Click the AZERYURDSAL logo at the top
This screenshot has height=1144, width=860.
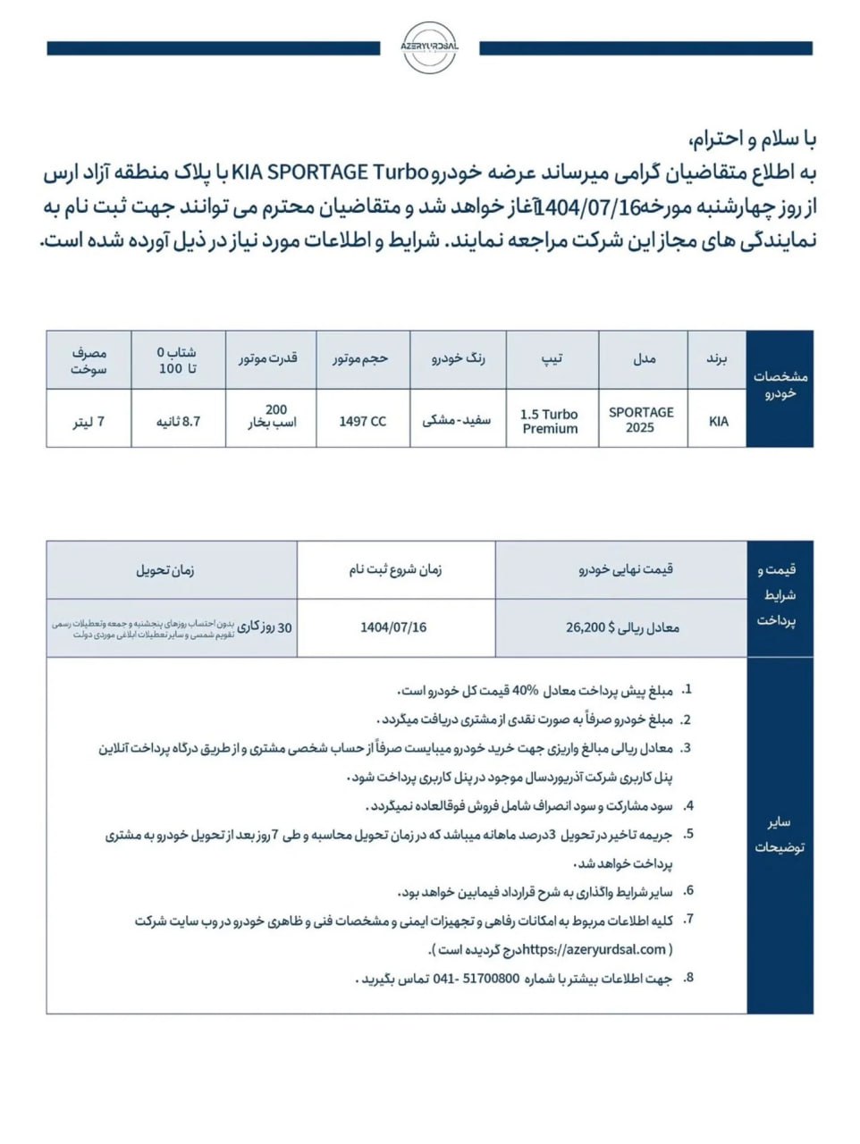point(430,46)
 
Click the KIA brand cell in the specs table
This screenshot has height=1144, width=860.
point(718,421)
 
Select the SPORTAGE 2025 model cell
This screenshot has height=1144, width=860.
point(641,419)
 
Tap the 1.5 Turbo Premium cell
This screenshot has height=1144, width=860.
point(550,421)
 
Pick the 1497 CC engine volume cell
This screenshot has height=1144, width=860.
point(362,421)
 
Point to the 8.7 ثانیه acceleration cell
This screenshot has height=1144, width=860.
point(178,421)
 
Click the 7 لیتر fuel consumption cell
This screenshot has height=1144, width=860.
point(89,421)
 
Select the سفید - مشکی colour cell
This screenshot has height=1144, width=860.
point(457,419)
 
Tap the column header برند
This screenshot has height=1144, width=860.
point(717,359)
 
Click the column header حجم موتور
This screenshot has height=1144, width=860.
point(361,359)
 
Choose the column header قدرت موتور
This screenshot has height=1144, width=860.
point(268,359)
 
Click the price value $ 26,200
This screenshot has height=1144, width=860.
point(586,627)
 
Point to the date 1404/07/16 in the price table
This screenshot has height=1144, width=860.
point(393,627)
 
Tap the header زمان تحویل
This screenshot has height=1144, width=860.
point(165,569)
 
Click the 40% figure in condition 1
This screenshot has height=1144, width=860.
point(526,691)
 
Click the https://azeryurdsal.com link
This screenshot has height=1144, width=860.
point(594,949)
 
